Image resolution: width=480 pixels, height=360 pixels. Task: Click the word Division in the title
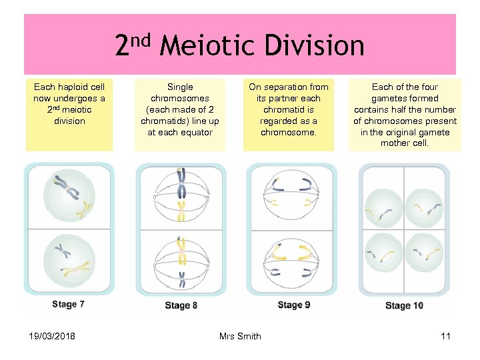click(314, 47)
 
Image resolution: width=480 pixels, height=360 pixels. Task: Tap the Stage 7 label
click(69, 304)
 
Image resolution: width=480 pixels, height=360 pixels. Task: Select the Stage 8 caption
click(181, 305)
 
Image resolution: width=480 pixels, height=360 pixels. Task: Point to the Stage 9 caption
click(293, 305)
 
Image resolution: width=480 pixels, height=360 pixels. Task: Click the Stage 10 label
click(404, 305)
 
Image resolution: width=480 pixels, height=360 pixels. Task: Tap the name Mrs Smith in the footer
click(240, 336)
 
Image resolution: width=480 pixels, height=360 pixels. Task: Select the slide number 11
click(445, 336)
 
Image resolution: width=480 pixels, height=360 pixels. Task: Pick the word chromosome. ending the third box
click(289, 132)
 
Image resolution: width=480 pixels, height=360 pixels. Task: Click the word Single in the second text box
click(180, 87)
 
